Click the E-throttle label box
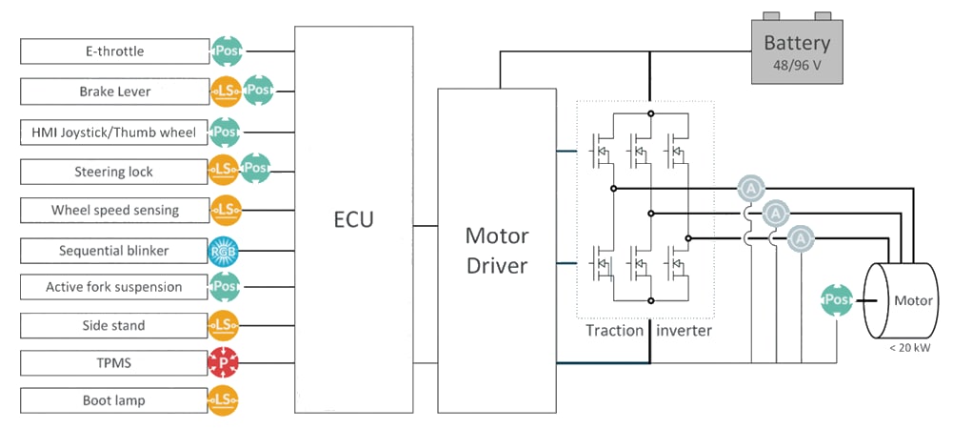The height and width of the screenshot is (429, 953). click(112, 51)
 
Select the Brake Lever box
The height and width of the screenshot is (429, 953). click(112, 92)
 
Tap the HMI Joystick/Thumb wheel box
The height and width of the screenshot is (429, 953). click(112, 133)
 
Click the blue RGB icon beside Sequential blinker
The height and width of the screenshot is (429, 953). click(224, 252)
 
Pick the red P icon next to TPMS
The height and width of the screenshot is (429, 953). click(224, 363)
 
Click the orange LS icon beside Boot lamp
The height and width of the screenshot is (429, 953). click(224, 400)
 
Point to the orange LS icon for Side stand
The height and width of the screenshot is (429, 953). click(224, 326)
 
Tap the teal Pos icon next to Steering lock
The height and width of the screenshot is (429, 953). click(255, 169)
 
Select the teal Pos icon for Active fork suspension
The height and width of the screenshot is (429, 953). click(224, 286)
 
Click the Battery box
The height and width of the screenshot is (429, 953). click(796, 51)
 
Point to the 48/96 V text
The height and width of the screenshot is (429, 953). click(797, 67)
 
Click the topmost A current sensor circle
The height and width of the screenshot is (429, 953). click(751, 189)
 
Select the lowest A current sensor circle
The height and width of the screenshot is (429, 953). click(802, 236)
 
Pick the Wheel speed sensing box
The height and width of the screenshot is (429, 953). click(112, 210)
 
